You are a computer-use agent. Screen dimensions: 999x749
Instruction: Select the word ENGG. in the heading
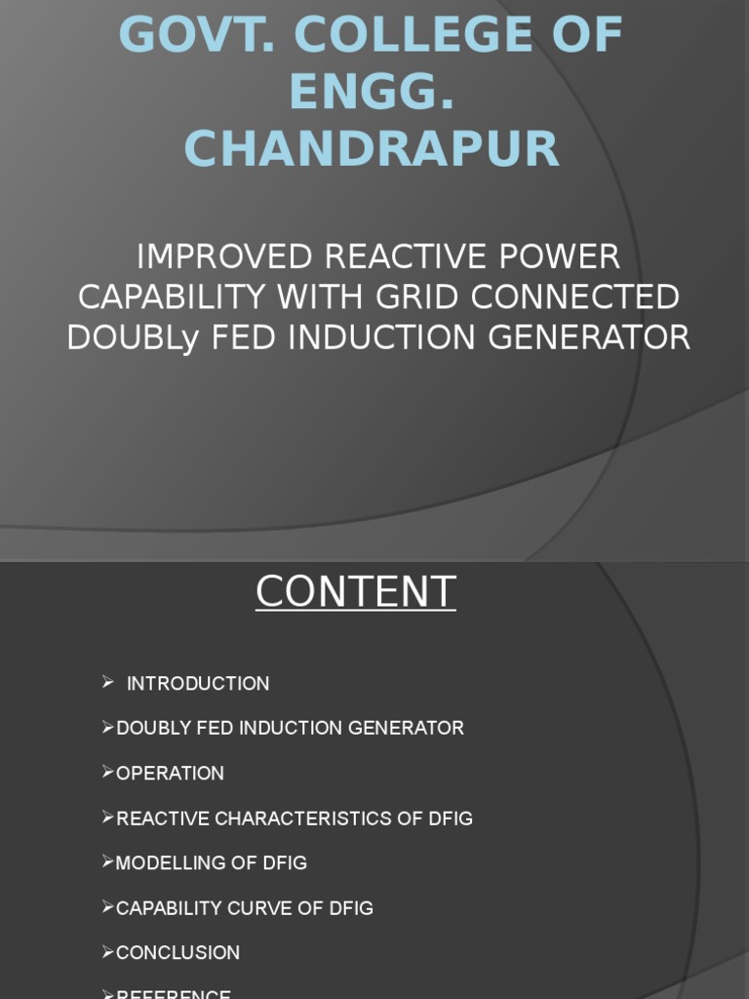point(372,93)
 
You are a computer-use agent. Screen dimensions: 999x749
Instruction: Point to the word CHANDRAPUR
point(372,150)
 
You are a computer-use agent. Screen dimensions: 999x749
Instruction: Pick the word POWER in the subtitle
point(569,257)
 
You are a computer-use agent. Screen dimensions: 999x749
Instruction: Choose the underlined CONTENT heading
point(355,592)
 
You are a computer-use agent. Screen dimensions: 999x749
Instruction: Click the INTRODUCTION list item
point(198,684)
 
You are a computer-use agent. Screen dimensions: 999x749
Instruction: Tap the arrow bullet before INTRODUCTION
point(108,682)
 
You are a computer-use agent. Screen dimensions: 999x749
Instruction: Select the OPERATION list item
point(170,774)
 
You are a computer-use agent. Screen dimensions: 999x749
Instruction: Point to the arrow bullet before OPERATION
point(108,772)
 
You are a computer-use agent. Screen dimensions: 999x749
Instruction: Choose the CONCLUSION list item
point(177,953)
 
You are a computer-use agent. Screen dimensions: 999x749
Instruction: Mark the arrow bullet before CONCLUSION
point(108,951)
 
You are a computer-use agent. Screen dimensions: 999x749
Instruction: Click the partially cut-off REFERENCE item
point(173,994)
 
